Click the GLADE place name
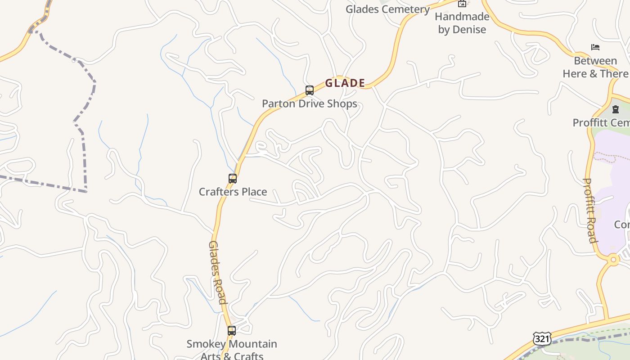coord(345,83)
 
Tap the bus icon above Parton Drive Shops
coord(310,90)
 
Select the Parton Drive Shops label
coord(310,103)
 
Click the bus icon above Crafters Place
coord(233,179)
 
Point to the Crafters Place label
coord(233,192)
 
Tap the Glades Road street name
coord(217,272)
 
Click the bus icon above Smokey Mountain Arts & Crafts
coord(232,331)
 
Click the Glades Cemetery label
coord(387,9)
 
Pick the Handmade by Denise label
coord(462,23)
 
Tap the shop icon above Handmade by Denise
coord(462,4)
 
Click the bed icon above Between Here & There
coord(595,47)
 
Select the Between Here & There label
coord(595,67)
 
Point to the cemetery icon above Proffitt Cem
coord(616,109)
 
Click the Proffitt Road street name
coord(590,210)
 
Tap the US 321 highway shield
coord(542,338)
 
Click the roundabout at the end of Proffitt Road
coord(613,260)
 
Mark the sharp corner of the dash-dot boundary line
coord(85,192)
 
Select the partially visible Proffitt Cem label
coord(601,122)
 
